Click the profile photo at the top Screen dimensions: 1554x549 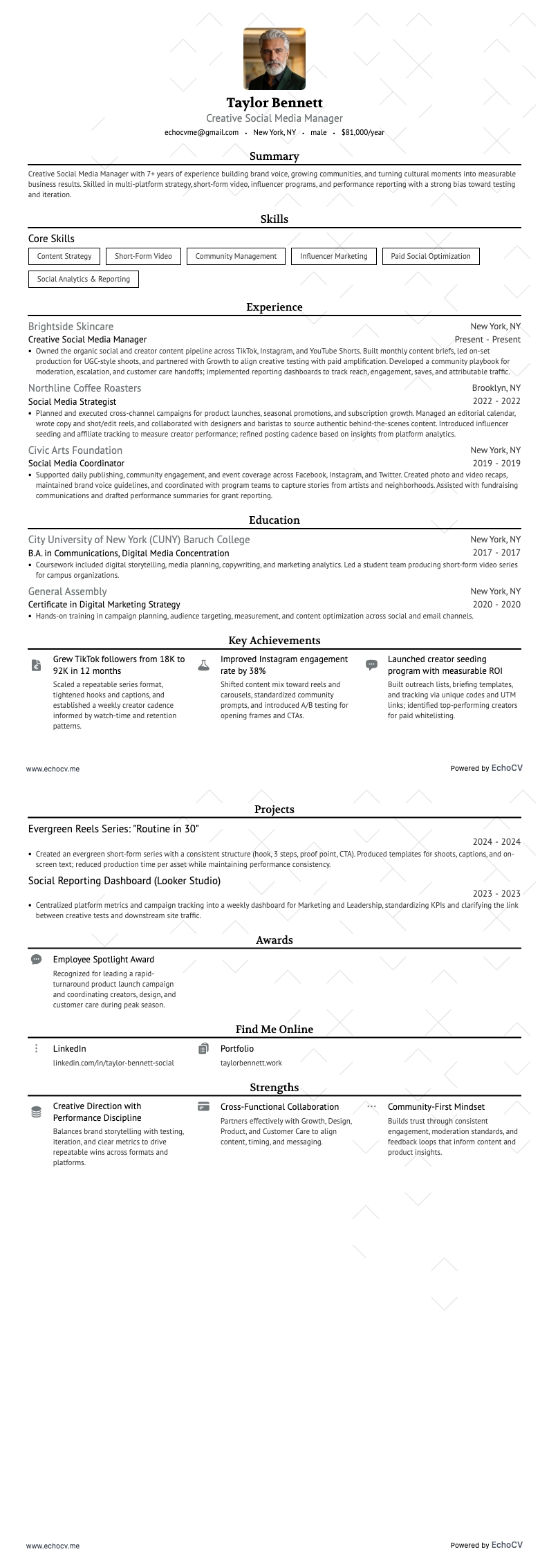click(274, 59)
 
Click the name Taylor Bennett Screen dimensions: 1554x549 click(274, 103)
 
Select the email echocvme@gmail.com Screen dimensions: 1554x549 click(201, 132)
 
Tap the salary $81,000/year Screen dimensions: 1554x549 click(362, 132)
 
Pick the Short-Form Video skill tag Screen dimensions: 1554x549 click(143, 256)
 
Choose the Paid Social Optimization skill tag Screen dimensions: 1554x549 click(430, 256)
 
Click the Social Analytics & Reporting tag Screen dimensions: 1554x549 click(84, 279)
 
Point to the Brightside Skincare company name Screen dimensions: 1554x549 click(71, 327)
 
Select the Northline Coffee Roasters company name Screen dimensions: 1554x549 click(84, 388)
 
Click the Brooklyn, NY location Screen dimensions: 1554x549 click(496, 388)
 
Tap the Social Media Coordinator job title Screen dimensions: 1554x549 click(76, 464)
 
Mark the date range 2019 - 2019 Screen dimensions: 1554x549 click(496, 464)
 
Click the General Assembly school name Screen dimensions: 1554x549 click(67, 592)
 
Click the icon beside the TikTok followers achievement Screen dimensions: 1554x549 click(36, 666)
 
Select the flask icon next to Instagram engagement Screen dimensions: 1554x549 click(203, 666)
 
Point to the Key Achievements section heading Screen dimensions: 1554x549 click(274, 641)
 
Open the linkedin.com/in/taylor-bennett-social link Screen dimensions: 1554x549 click(113, 1063)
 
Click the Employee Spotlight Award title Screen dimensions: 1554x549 click(104, 960)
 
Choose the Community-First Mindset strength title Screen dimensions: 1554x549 click(436, 1107)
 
